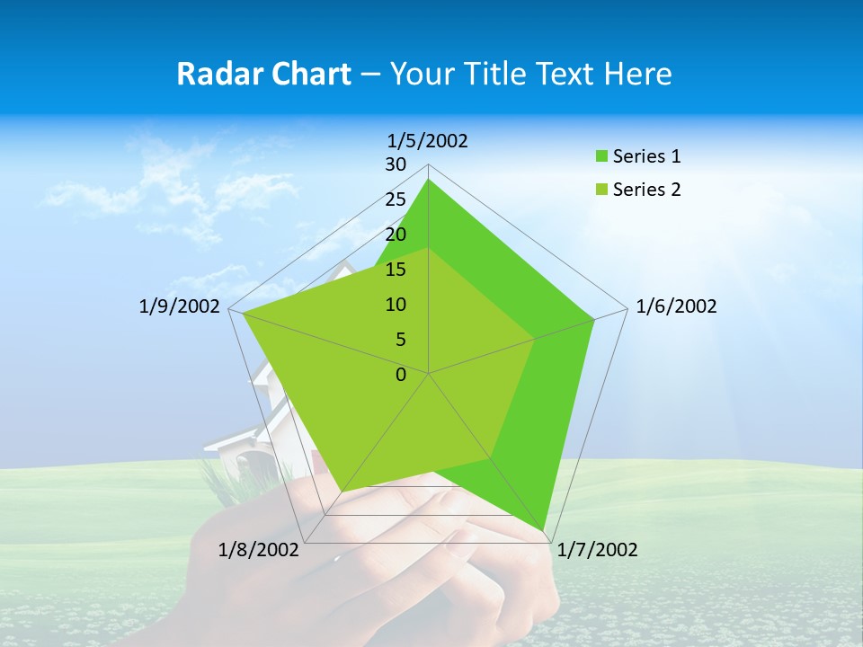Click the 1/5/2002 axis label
(428, 140)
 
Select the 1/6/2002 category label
(676, 306)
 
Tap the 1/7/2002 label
(598, 550)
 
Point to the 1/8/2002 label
(258, 550)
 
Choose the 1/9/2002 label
(179, 306)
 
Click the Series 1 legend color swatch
(601, 157)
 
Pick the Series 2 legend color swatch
(601, 190)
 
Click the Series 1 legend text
(646, 156)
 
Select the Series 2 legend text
(646, 190)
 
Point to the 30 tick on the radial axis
(396, 164)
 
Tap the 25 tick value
(396, 199)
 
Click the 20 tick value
(396, 235)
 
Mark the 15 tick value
(396, 270)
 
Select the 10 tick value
(396, 305)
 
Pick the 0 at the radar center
(401, 375)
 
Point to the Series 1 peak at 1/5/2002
(429, 179)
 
